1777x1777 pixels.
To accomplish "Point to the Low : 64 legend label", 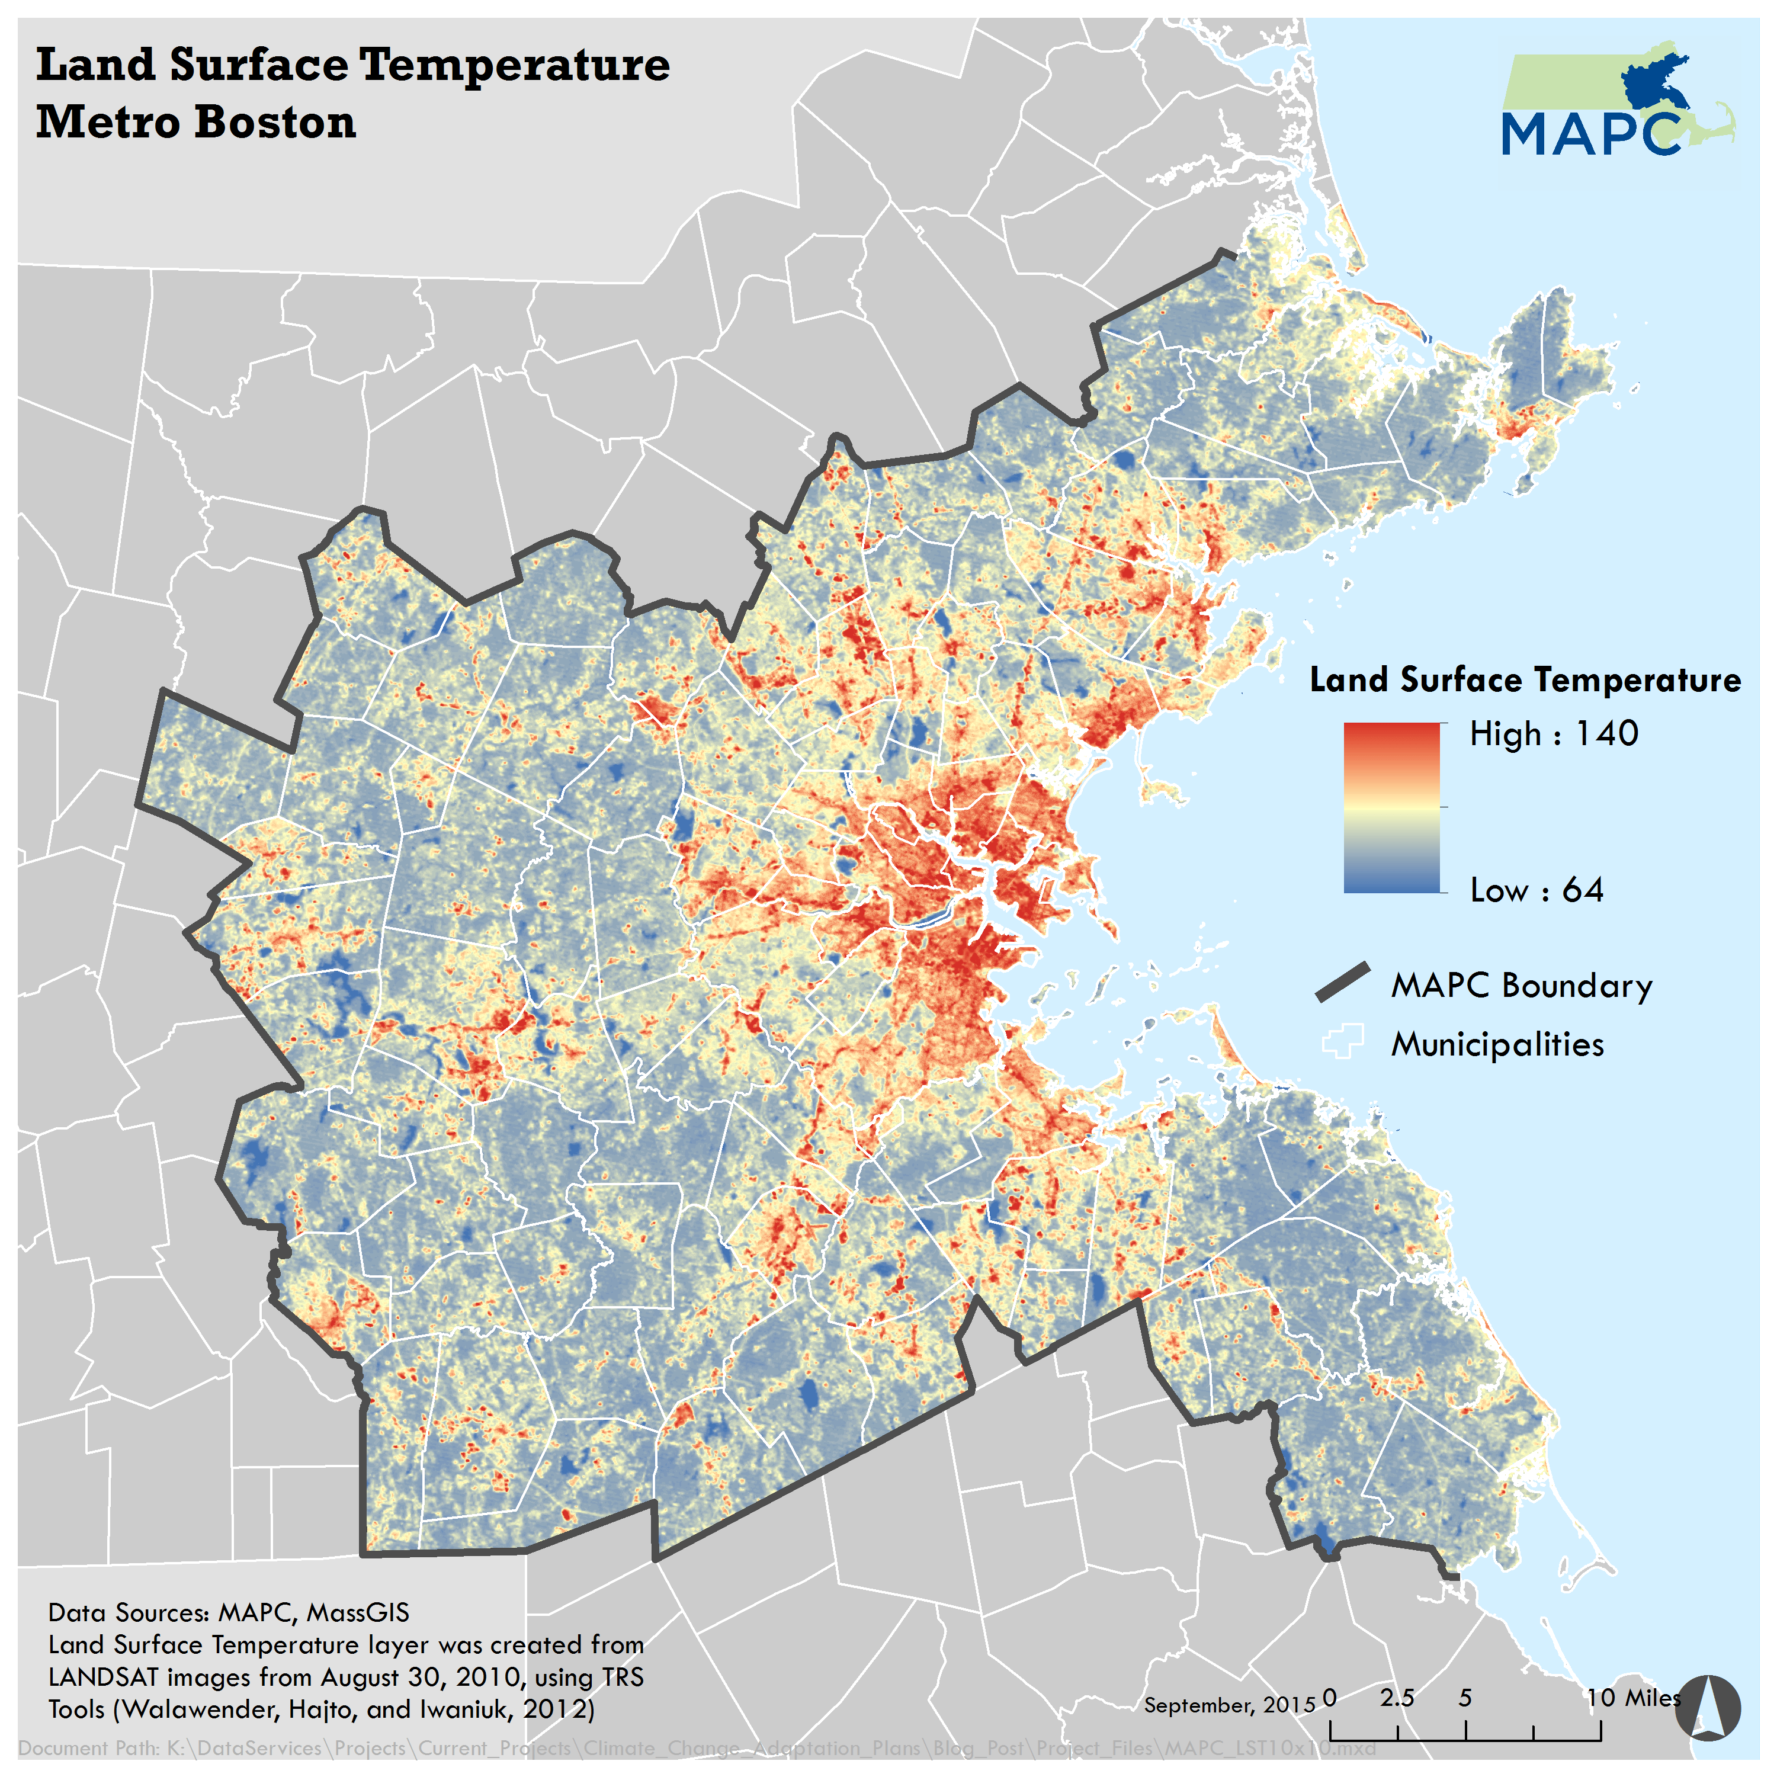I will click(x=1536, y=890).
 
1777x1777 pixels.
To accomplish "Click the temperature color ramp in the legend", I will click(x=1391, y=807).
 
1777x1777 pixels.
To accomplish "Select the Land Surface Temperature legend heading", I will click(x=1524, y=680).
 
